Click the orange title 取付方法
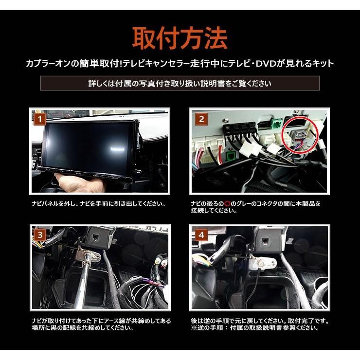coord(180,38)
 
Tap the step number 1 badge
coord(40,119)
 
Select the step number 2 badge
coord(201,119)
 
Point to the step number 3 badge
coord(40,235)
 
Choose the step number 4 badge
coord(201,235)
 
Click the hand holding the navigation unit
coord(77,182)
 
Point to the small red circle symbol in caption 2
coord(227,204)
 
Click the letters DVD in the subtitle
coord(266,64)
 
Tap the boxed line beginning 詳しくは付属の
coord(180,83)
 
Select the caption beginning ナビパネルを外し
coord(99,204)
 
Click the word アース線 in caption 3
coord(115,321)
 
